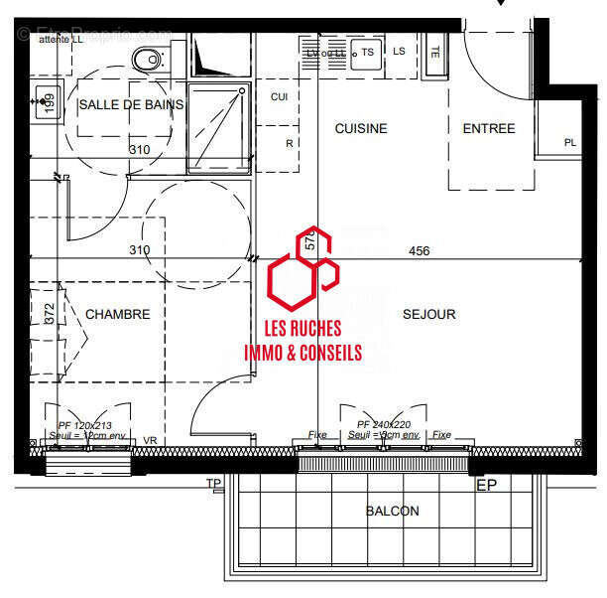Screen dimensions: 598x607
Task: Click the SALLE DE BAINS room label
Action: point(131,104)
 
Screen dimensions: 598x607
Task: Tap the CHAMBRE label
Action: point(118,314)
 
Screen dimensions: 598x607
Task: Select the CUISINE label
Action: point(360,128)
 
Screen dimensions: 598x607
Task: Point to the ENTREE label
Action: point(489,128)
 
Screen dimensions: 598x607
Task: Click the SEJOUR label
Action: point(428,314)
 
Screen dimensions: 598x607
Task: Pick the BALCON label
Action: point(392,511)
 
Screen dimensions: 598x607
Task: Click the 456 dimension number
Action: point(420,251)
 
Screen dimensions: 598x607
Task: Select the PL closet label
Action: point(570,142)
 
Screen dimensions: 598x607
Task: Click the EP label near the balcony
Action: point(486,485)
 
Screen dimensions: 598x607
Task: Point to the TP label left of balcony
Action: point(213,484)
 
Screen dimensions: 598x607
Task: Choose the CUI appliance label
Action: point(280,96)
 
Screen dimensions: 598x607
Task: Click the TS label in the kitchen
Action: point(368,52)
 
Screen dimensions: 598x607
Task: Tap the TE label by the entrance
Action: point(434,51)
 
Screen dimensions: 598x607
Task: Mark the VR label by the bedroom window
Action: point(151,441)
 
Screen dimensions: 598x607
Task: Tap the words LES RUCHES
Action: point(303,329)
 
